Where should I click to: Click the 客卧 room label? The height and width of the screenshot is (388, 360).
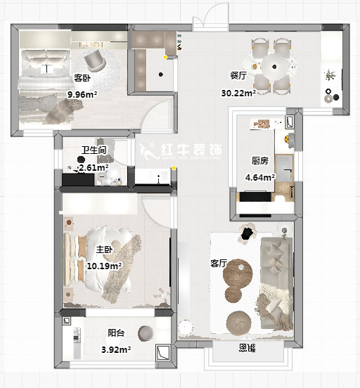coord(82,78)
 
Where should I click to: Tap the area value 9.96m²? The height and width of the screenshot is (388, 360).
coord(82,93)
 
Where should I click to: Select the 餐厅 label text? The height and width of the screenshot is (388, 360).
coord(238,75)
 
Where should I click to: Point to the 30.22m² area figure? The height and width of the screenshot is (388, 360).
coord(238,93)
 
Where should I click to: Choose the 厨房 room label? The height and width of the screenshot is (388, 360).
coord(259,160)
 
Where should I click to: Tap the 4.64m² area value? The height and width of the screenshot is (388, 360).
coord(259,177)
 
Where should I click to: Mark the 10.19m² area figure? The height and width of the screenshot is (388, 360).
coord(103,266)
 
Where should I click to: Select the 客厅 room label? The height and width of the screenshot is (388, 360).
coord(218,264)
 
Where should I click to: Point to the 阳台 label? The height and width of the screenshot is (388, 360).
coord(116,333)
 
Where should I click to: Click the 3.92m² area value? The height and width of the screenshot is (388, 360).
coord(116,349)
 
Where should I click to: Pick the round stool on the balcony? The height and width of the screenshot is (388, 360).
coord(146,332)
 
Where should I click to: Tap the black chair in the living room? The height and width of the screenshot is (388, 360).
coord(247,234)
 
